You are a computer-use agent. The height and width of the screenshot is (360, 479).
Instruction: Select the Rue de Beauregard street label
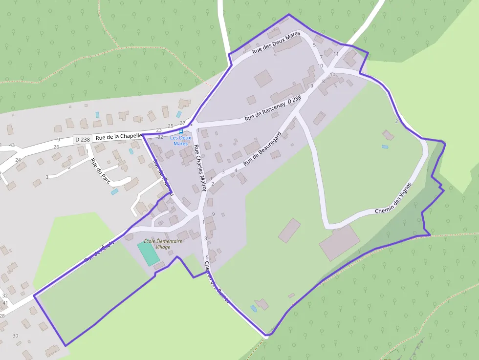point(262,147)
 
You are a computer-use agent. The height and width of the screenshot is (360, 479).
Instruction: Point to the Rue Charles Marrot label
point(200,168)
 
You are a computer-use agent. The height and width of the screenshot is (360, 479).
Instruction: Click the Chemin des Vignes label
point(393,198)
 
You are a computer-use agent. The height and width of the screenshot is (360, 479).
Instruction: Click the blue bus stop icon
point(181,131)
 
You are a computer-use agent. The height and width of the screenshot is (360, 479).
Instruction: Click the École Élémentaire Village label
point(163,244)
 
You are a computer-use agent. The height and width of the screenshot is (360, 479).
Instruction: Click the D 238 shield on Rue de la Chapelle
point(83,140)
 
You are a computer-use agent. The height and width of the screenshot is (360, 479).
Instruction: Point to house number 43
point(12,146)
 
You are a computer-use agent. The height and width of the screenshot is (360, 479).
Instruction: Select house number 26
point(56,147)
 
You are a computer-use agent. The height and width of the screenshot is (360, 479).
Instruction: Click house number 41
point(5,303)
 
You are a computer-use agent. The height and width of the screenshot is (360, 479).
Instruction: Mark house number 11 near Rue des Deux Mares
point(336,54)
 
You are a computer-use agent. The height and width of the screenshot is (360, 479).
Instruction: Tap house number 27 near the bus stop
point(182,123)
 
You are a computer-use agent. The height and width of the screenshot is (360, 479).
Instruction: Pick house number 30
point(15,336)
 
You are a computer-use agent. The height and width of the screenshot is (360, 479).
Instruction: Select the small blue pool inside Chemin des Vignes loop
point(385,146)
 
